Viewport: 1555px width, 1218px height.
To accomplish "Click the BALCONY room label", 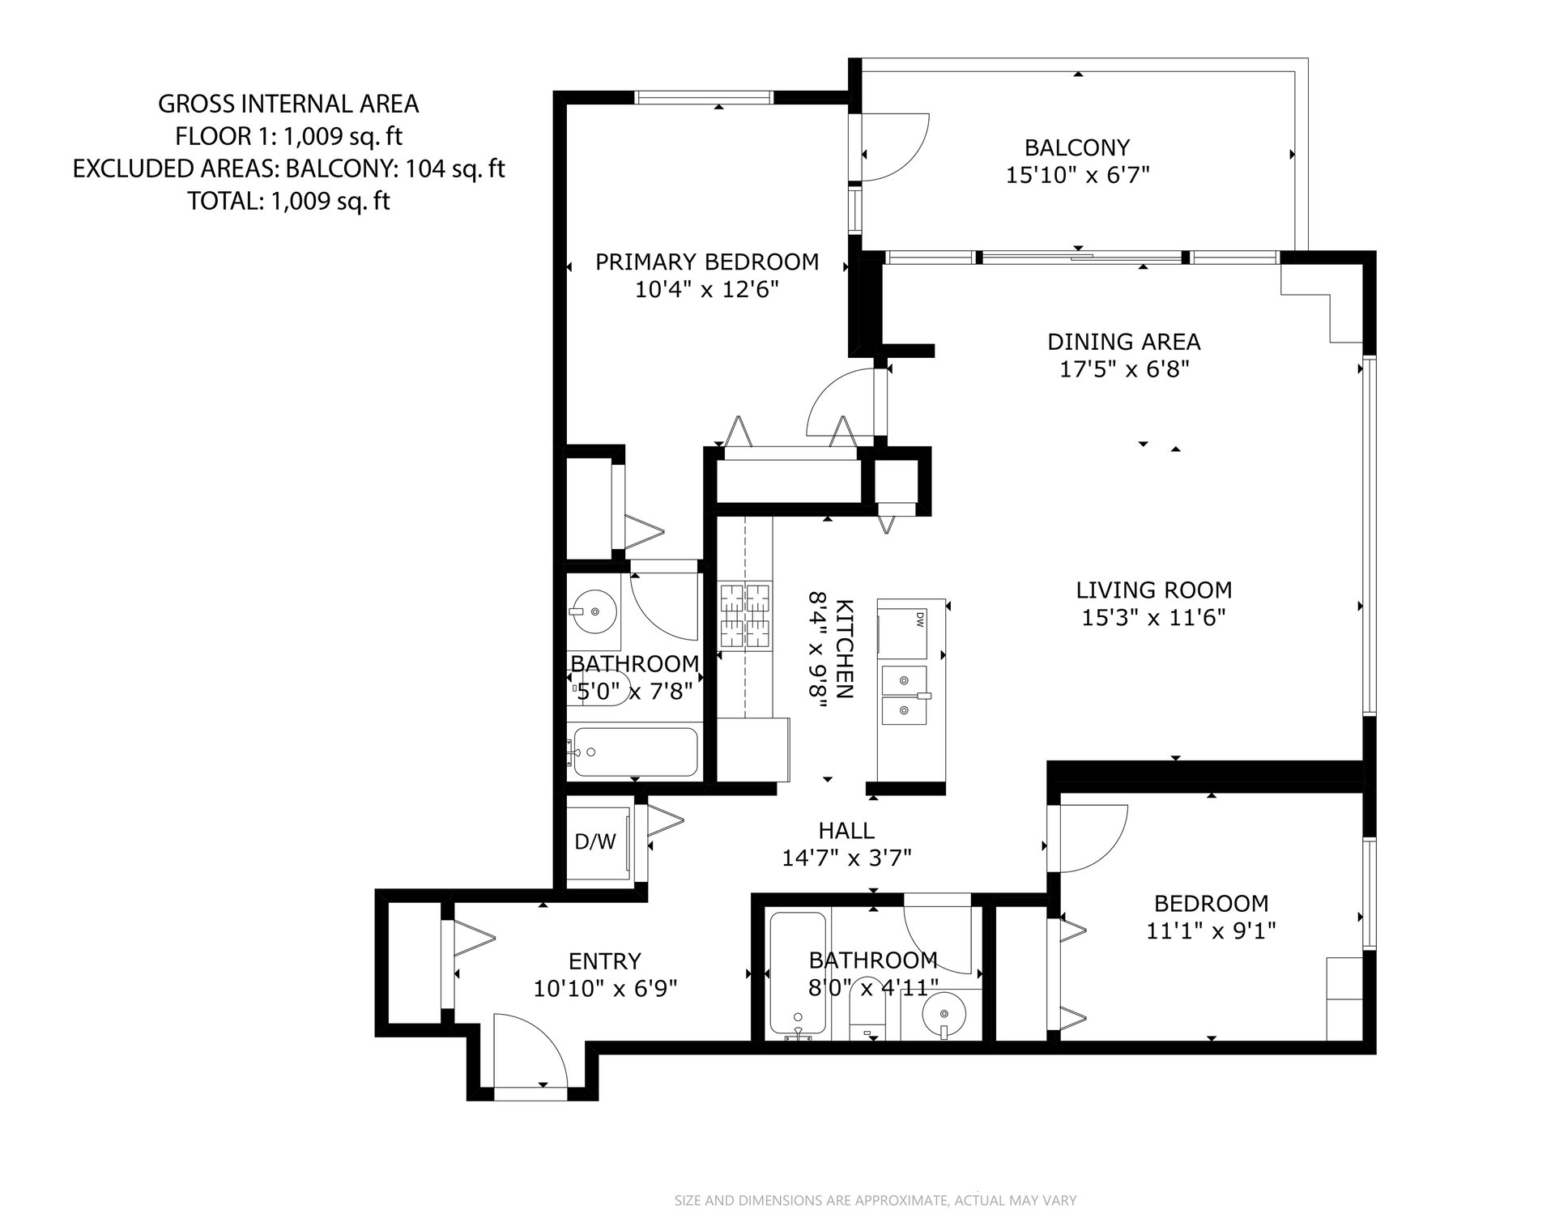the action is [1076, 147].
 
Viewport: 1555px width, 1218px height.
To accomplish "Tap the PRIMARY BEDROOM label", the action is [707, 262].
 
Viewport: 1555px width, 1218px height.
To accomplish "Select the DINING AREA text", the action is [1124, 342].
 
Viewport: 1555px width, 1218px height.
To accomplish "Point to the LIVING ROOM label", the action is [1153, 590].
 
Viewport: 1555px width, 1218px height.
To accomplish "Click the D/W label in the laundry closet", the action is [595, 842].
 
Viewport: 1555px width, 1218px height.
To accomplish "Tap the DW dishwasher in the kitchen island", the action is [902, 630].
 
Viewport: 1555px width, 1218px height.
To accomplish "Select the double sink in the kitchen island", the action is [905, 695].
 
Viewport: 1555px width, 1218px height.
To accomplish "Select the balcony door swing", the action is [895, 147].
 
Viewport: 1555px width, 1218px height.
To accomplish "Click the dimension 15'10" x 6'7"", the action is [1078, 175].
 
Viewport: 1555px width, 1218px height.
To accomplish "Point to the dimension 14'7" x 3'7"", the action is [847, 857].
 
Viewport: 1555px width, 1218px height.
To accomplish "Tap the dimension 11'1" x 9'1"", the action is [1211, 931].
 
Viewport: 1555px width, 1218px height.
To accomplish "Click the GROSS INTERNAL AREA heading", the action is [288, 104].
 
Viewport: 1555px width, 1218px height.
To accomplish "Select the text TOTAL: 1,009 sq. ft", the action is [288, 201].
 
